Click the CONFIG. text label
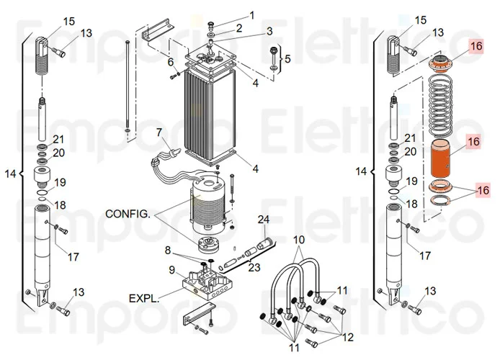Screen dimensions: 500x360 128,214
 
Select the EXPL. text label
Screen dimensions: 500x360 143,299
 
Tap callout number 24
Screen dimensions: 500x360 264,220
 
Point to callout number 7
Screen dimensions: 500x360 159,132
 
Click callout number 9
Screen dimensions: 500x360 172,270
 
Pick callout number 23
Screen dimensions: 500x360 254,267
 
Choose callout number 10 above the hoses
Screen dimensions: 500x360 299,240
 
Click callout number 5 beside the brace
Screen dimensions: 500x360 287,59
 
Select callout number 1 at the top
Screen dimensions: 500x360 252,15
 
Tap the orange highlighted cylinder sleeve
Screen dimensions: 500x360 442,159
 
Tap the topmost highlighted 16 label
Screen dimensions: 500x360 476,46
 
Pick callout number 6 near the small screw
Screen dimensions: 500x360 171,62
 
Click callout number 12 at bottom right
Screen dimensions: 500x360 347,337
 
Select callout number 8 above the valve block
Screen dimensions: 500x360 168,251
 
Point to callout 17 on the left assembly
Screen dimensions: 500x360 73,256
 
